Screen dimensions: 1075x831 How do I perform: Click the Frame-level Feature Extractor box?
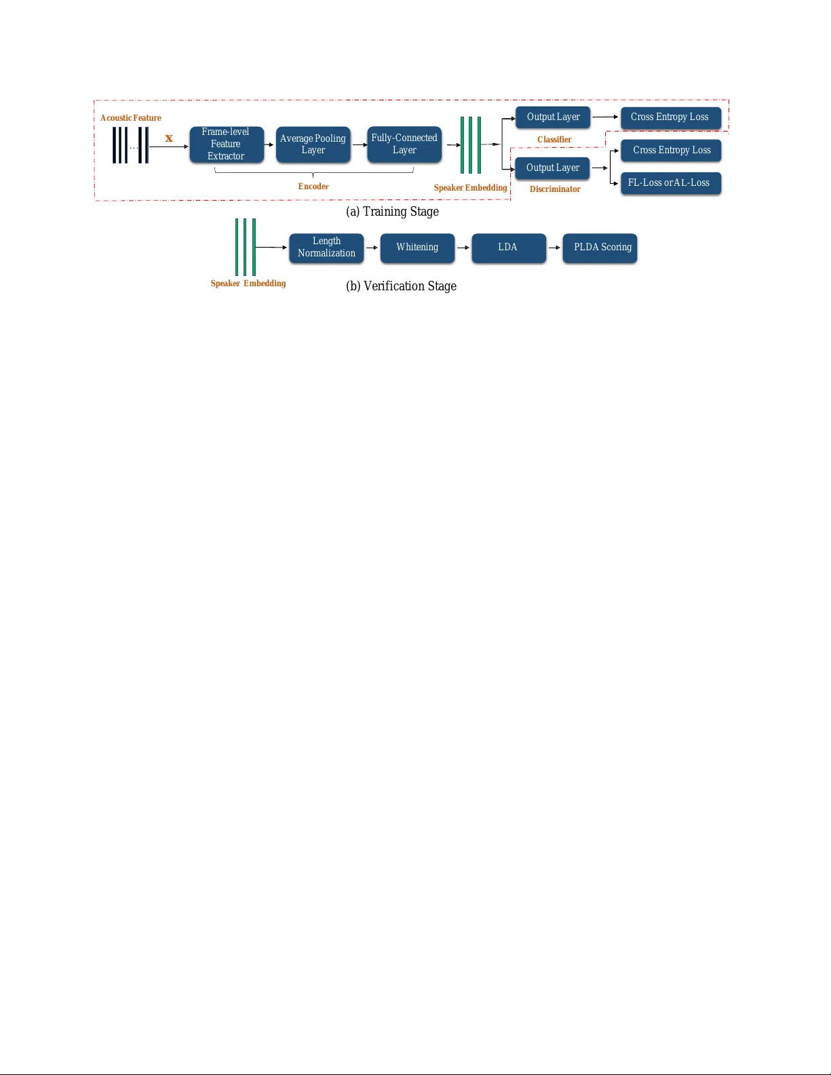coord(226,144)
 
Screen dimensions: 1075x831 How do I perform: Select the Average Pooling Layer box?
coord(313,144)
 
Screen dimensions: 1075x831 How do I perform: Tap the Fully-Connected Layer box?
coord(404,144)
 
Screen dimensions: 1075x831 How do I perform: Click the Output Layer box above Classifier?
coord(553,117)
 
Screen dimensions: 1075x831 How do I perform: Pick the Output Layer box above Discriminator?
coord(552,168)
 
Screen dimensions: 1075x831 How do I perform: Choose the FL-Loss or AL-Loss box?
coord(670,183)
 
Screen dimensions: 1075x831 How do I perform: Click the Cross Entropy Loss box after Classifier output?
coord(670,117)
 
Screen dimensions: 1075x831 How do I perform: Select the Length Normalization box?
coord(326,248)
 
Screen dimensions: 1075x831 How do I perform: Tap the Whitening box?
coord(417,248)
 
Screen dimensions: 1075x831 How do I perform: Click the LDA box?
coord(508,248)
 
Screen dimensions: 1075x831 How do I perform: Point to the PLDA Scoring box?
coord(600,248)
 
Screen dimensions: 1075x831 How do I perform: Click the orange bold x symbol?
coord(169,138)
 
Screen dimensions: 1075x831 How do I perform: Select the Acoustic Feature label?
coord(131,118)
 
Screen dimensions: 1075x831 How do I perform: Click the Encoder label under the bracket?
coord(313,187)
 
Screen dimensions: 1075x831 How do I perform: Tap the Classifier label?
coord(554,140)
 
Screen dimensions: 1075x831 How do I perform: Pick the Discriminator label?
coord(555,189)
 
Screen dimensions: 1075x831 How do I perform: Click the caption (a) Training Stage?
coord(392,212)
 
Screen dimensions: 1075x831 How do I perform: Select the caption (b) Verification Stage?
coord(401,286)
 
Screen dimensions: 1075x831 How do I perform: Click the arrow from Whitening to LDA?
coord(463,248)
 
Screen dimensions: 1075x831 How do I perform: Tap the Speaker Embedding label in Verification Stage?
coord(248,284)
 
